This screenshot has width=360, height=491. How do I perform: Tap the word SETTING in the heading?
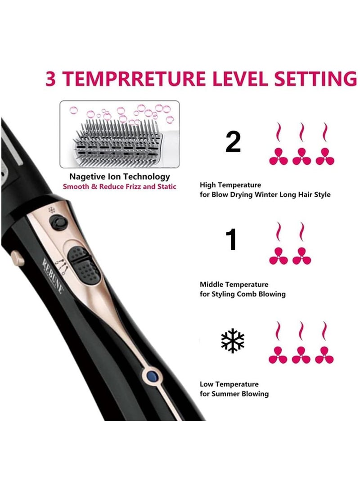[318, 78]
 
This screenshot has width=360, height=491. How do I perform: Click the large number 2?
[233, 142]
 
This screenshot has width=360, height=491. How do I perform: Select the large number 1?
[232, 240]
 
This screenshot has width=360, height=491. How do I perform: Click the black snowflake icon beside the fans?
[233, 341]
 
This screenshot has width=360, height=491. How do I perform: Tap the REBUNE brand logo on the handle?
[53, 275]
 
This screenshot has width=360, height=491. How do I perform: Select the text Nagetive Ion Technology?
[119, 177]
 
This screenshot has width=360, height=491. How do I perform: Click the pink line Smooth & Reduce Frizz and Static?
[119, 186]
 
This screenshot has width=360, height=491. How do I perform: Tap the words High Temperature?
[230, 185]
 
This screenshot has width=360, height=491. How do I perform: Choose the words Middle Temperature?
[234, 284]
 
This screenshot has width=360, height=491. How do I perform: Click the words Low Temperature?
[229, 384]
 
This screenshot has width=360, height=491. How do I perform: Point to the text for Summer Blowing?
[234, 394]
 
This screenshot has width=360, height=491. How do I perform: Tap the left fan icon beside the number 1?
[278, 256]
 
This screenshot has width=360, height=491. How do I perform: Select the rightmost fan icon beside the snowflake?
[324, 355]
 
